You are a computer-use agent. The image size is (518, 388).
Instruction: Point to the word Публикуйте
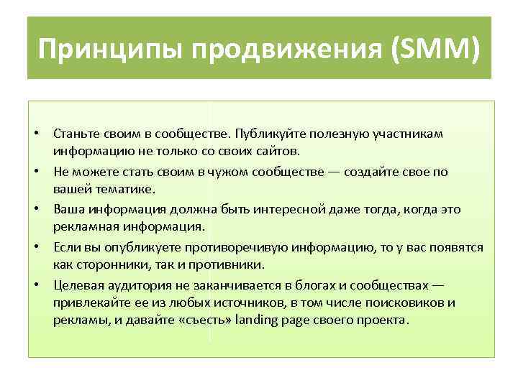point(258,134)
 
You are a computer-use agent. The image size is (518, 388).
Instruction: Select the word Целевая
point(75,284)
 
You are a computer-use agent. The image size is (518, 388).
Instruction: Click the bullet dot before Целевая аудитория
point(43,284)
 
